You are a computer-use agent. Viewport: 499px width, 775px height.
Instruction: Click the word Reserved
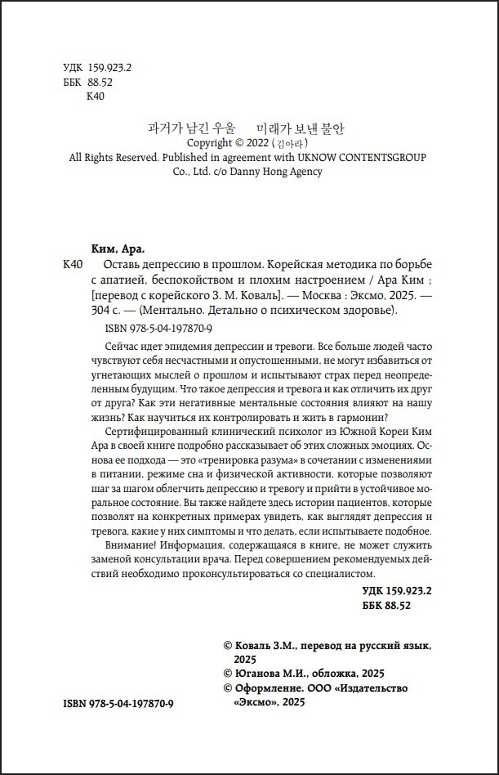tap(134, 157)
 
